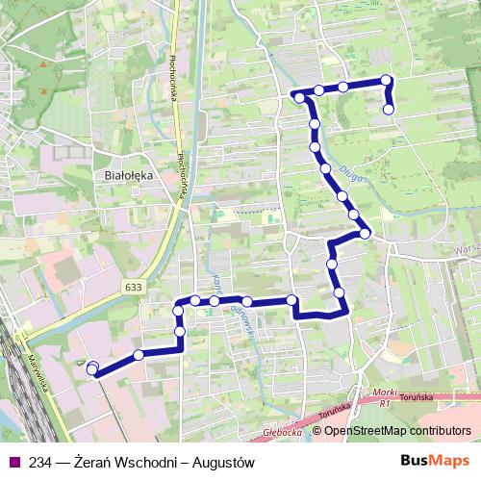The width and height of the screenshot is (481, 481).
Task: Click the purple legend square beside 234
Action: point(13,462)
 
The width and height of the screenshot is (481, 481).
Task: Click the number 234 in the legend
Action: point(41,462)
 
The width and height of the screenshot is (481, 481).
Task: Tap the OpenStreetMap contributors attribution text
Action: point(397,432)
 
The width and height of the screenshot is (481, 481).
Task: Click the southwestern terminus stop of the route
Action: point(92,368)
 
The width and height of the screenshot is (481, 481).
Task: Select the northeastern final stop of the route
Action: point(389,110)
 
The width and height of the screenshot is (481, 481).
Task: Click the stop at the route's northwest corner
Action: point(299,97)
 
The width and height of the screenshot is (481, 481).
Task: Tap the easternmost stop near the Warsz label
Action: point(366,233)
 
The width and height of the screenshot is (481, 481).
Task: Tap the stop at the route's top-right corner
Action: point(386,81)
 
